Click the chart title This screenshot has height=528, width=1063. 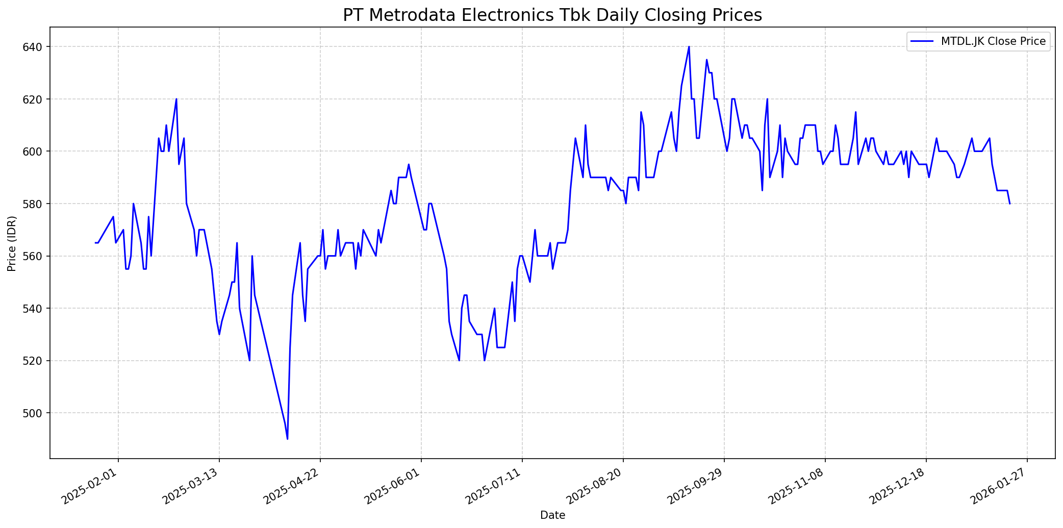552,15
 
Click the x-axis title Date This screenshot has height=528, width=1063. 552,516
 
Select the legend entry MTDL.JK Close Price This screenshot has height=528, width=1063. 993,41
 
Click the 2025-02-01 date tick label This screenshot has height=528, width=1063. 92,484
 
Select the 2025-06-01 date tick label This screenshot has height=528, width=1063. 395,484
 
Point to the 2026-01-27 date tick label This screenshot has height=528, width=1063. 1001,484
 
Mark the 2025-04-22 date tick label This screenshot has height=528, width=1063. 294,484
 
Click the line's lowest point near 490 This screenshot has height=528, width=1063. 288,439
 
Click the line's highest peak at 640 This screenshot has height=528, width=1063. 689,47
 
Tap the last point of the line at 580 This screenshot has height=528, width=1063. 1010,204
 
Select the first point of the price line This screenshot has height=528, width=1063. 95,243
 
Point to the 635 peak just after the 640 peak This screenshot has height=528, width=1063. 706,60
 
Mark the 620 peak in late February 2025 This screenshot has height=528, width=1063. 176,99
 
